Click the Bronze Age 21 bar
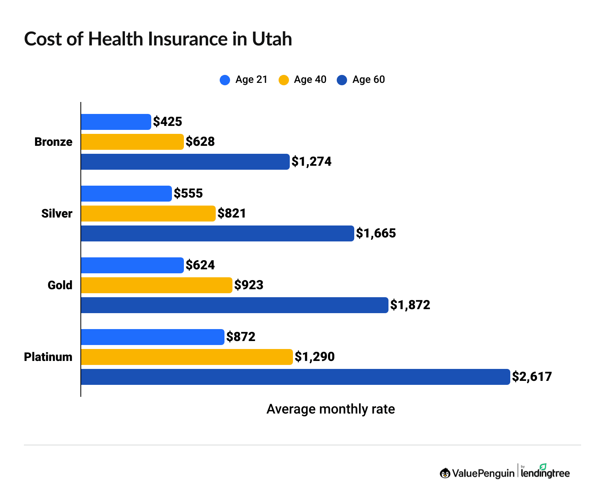tap(116, 122)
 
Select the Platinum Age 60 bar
tap(295, 377)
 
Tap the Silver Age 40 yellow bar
tap(148, 214)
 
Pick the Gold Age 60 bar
tap(234, 305)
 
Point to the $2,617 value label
tap(532, 376)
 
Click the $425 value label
tap(168, 122)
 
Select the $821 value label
tap(232, 213)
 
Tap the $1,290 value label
tap(314, 357)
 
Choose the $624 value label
tap(200, 265)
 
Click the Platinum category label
tap(48, 357)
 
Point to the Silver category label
tap(57, 213)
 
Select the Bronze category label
tap(53, 141)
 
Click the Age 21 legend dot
tap(225, 80)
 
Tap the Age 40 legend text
tap(310, 80)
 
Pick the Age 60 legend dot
tap(342, 80)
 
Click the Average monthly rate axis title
tap(330, 409)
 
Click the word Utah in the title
tap(272, 39)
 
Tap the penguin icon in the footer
tap(445, 473)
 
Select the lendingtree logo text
tap(545, 473)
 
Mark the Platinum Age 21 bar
tap(152, 337)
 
